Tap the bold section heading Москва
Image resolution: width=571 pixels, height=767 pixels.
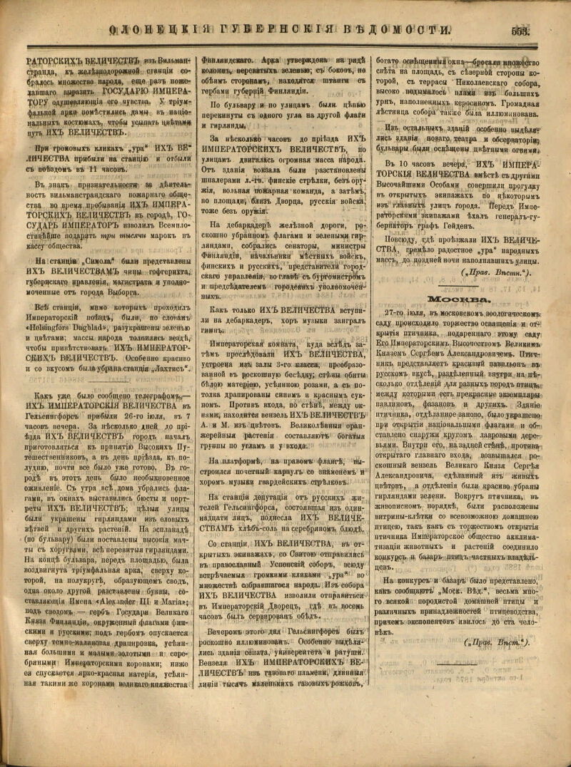tap(458, 300)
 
